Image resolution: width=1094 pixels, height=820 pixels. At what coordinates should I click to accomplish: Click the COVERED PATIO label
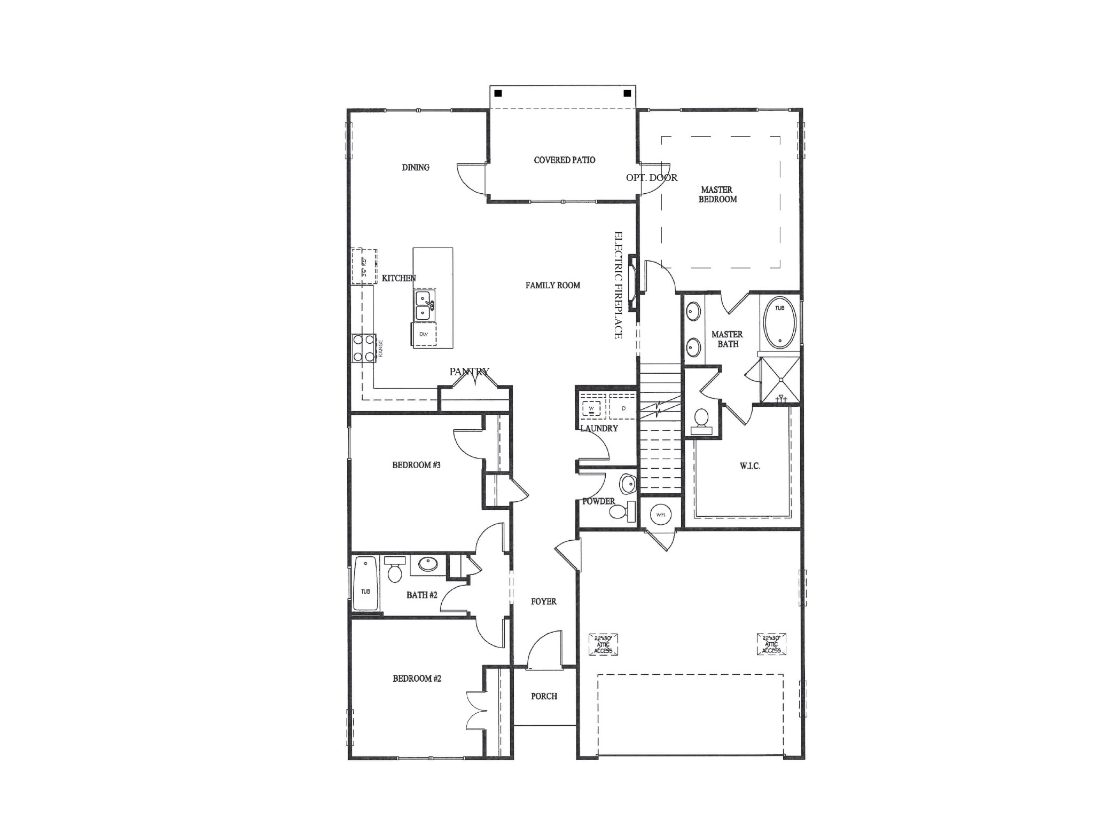tap(564, 160)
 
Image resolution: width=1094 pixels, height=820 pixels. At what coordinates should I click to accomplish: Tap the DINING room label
tap(416, 168)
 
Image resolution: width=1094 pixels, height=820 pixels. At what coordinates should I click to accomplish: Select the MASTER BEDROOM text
tap(717, 194)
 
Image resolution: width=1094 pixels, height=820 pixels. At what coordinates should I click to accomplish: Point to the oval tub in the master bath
tap(780, 322)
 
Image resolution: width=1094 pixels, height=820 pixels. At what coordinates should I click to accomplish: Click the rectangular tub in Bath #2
tap(365, 584)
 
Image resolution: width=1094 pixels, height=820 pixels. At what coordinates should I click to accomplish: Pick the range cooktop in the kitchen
tap(363, 348)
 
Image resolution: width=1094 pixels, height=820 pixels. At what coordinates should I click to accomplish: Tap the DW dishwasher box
tap(424, 335)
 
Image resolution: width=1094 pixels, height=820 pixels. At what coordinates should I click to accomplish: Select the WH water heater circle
tap(661, 515)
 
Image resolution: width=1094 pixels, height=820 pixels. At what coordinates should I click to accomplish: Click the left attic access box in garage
tap(603, 644)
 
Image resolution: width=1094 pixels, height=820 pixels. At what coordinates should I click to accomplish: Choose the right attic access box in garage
tap(771, 644)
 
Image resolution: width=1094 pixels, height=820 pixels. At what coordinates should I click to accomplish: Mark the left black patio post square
tap(498, 93)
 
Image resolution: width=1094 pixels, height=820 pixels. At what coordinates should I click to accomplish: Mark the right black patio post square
tap(627, 93)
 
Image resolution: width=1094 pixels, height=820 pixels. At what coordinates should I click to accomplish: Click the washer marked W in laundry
tap(591, 408)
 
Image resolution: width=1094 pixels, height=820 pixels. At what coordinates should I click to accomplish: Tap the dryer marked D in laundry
tap(623, 408)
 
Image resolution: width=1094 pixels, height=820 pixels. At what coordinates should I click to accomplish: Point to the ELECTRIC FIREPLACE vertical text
tap(619, 285)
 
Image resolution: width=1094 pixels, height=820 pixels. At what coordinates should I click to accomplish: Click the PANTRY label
tap(469, 372)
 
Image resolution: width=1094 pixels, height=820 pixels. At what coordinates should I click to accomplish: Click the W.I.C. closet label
tap(749, 466)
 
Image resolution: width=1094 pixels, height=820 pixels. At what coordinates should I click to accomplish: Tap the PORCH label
tap(544, 696)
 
